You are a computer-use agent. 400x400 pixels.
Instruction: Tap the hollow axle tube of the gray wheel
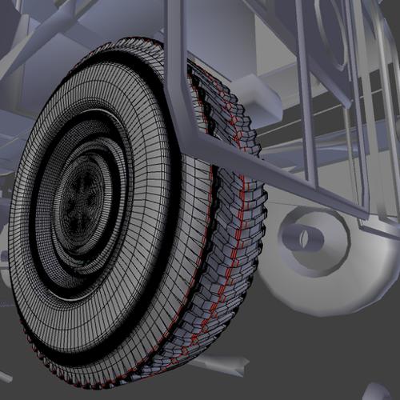click(x=303, y=236)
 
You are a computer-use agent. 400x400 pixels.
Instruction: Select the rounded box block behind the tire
click(x=254, y=94)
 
